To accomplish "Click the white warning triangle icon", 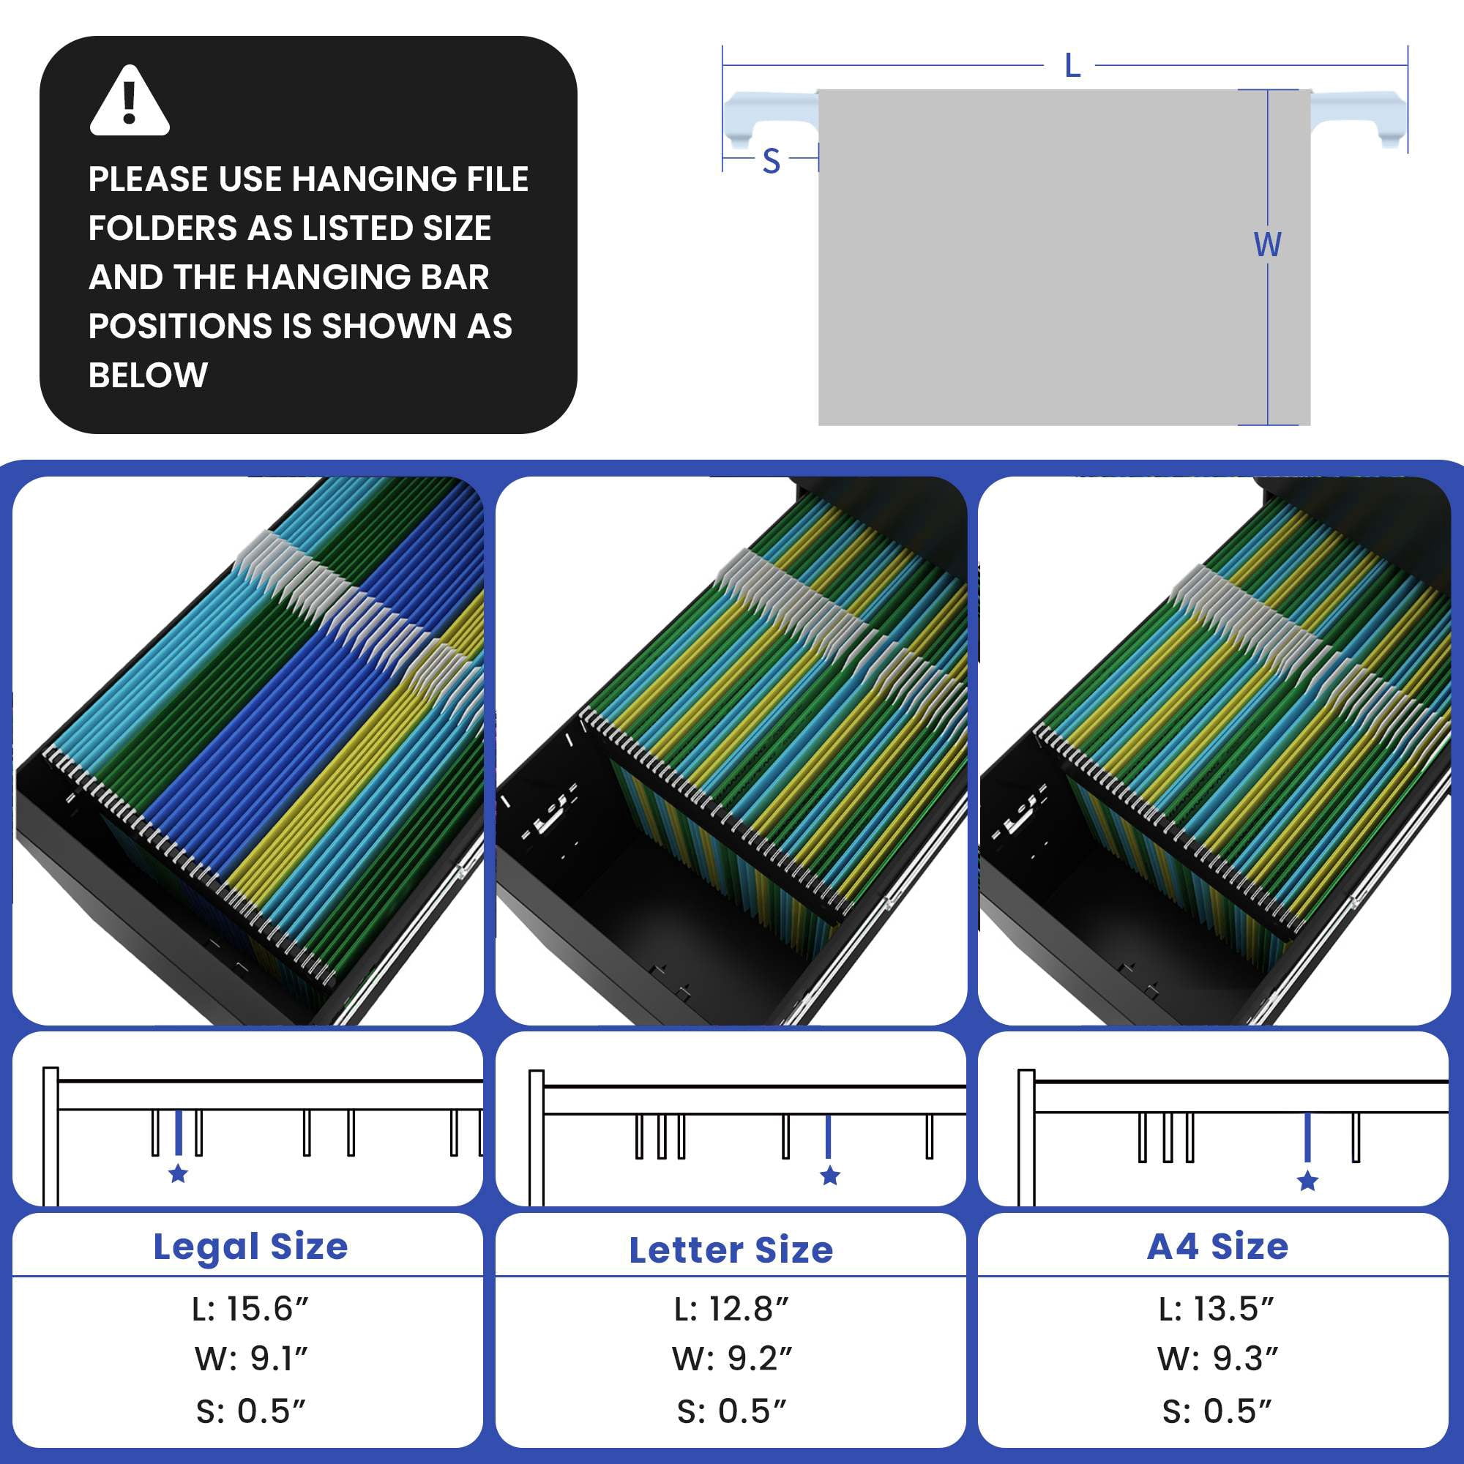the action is pos(130,101).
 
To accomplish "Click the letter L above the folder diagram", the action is pos(1072,67).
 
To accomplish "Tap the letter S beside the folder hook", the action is pos(772,161).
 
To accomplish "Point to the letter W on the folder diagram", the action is pos(1266,244).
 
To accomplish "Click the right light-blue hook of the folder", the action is pos(1358,116).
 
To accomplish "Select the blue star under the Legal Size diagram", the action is pos(178,1174).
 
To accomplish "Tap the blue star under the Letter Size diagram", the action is pos(830,1176).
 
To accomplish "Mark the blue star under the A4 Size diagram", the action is pos(1307,1181).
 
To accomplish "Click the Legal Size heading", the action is pos(250,1247).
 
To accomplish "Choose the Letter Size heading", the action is pos(731,1250).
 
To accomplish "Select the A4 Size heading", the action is pos(1217,1247).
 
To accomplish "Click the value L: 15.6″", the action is pos(250,1309).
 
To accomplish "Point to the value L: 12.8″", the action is pos(731,1309).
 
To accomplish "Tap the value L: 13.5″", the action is pos(1216,1309).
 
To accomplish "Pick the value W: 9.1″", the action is pos(251,1359).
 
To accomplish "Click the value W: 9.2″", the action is pos(731,1359).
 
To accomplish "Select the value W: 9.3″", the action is pos(1217,1359).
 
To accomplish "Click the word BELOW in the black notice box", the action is pos(148,375).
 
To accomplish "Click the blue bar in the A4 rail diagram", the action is pos(1307,1137).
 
